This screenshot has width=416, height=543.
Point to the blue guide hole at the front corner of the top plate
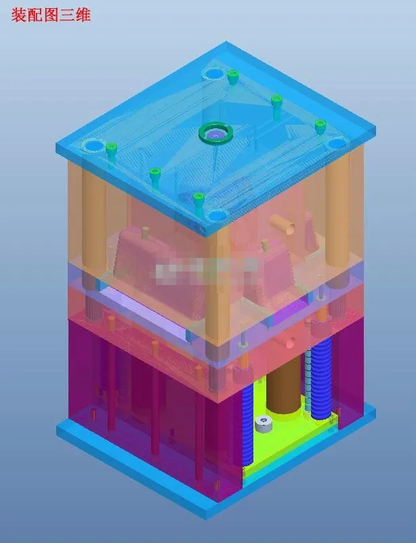click(x=216, y=215)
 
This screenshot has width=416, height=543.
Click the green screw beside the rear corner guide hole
click(x=233, y=76)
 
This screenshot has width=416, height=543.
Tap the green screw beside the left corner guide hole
click(x=112, y=149)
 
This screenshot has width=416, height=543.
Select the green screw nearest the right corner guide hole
click(x=320, y=126)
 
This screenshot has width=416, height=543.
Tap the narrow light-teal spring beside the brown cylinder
click(x=309, y=380)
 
